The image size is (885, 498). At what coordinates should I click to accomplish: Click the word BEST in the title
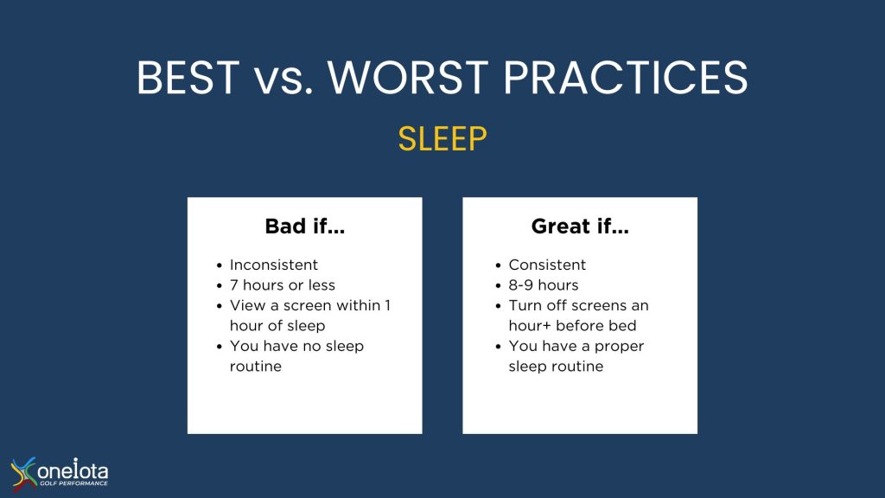coord(188,77)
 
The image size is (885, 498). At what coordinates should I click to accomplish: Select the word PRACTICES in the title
coord(626,77)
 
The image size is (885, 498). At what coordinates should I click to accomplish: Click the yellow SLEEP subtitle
coord(442,139)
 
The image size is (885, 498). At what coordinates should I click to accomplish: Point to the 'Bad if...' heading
coord(305,227)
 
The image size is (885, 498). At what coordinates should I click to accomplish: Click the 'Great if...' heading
coord(580,227)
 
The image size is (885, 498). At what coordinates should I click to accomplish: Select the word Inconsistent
coord(274,265)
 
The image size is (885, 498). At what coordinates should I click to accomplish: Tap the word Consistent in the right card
coord(547,265)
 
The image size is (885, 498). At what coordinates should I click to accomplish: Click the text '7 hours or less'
coord(283,285)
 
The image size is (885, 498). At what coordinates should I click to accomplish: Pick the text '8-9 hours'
coord(544,285)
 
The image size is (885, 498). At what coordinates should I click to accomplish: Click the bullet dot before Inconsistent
coord(219,265)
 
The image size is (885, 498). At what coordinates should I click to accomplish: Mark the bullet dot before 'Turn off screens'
coord(498,306)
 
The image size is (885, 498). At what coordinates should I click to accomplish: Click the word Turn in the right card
coord(525,305)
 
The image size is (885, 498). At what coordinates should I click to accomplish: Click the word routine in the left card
coord(256,367)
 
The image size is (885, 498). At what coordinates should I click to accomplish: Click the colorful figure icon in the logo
coord(23,473)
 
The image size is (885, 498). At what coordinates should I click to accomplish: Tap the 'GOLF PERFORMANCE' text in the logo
coord(73,483)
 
